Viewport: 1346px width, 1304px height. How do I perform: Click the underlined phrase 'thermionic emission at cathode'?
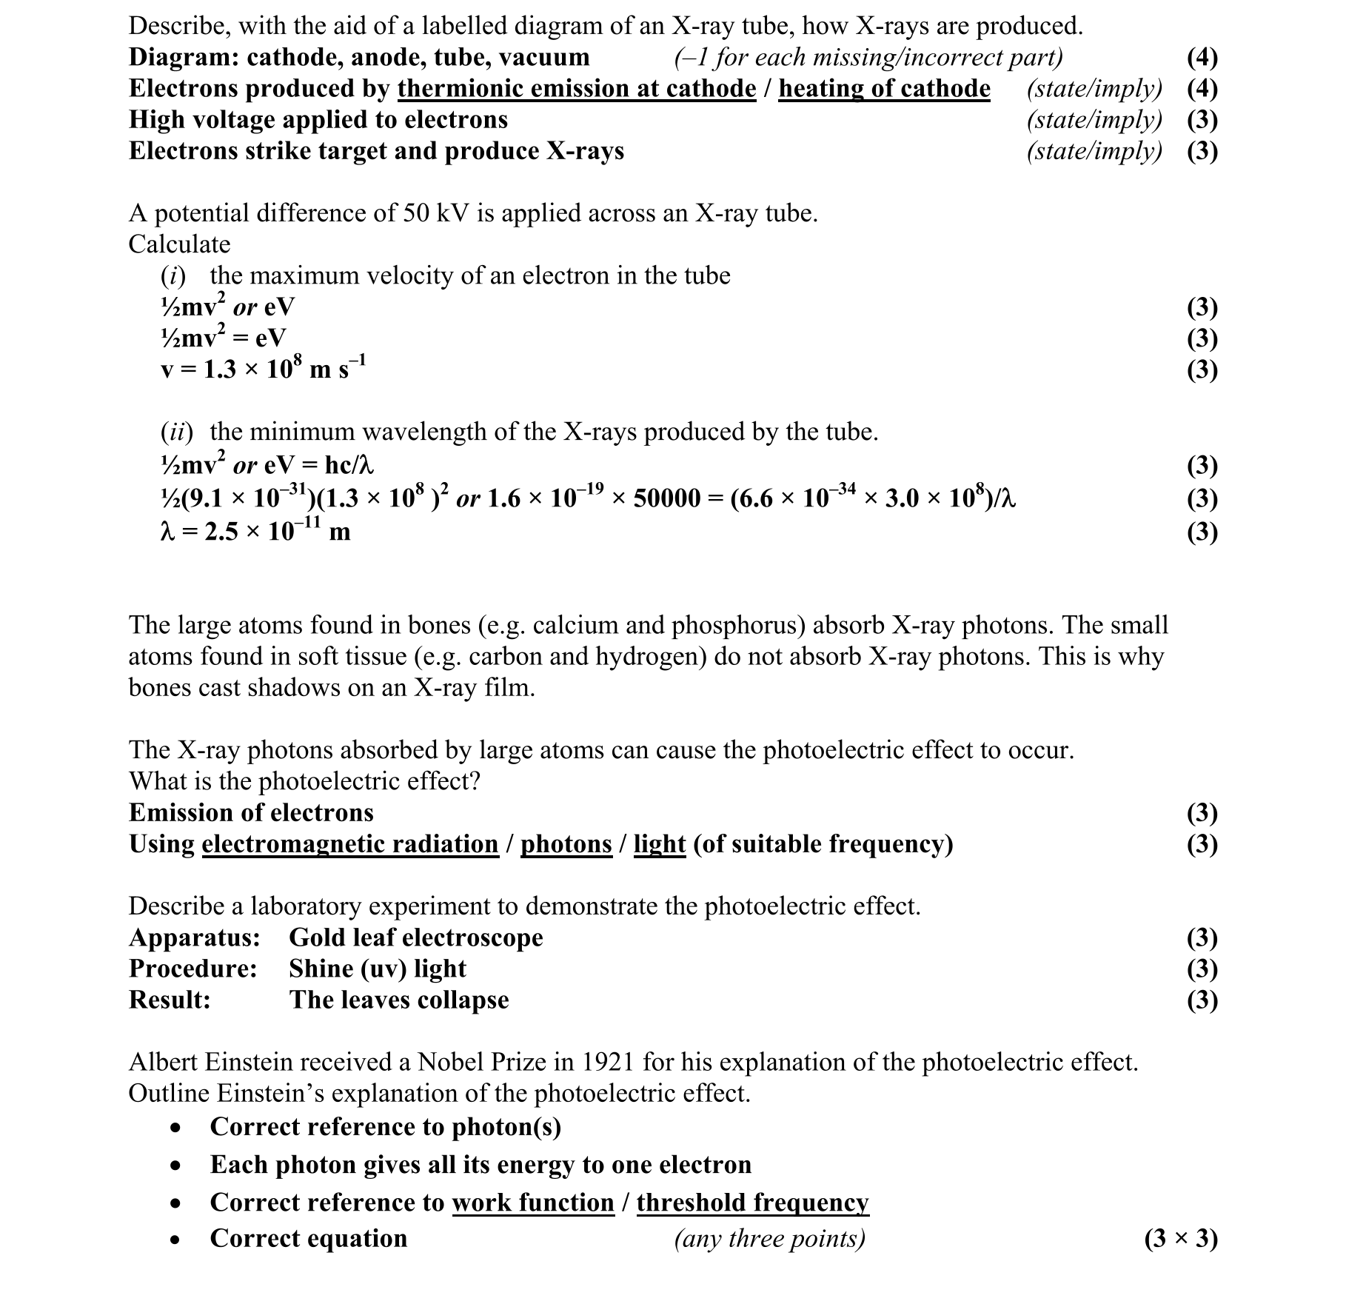[x=577, y=88]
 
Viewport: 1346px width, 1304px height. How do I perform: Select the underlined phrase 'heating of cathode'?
[x=884, y=88]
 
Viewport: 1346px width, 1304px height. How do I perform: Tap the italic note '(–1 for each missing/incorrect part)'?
[x=868, y=57]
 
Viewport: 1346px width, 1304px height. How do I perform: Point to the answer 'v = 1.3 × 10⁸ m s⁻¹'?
[x=263, y=369]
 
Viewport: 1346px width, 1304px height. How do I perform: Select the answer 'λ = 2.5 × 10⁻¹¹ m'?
[x=255, y=532]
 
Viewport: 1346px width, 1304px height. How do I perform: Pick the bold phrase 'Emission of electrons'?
[x=251, y=812]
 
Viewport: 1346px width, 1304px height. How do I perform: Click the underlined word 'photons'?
[x=566, y=844]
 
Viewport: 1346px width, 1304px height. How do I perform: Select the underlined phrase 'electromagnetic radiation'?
[x=350, y=844]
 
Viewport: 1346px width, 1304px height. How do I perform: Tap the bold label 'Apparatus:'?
[x=194, y=937]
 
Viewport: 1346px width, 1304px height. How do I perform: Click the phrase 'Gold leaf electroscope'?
[x=415, y=937]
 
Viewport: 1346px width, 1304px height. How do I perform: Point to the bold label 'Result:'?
[x=170, y=1000]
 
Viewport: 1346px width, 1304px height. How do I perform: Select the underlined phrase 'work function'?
[x=533, y=1203]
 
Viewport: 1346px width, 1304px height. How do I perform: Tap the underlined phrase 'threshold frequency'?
[x=752, y=1203]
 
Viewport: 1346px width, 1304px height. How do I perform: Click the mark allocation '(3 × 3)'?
[x=1180, y=1238]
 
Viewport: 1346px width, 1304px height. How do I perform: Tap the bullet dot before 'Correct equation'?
[x=175, y=1240]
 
